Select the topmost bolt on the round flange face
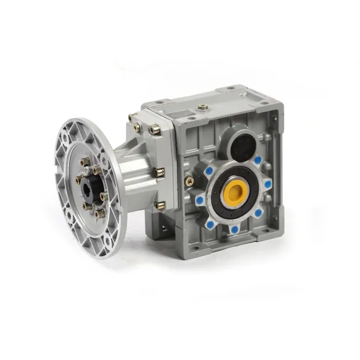click(85, 162)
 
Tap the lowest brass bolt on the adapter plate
click(160, 205)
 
